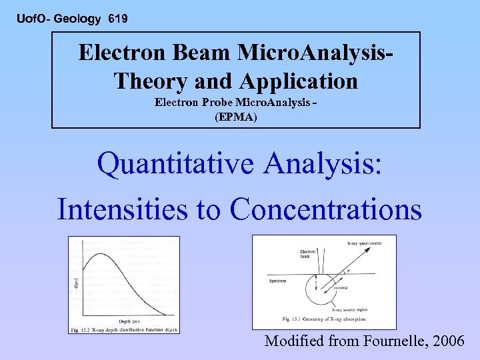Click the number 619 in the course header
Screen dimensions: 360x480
coord(117,19)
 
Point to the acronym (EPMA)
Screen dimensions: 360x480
coord(235,117)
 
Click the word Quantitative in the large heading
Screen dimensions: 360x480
coord(175,163)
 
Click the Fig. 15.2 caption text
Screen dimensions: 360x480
coord(123,329)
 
